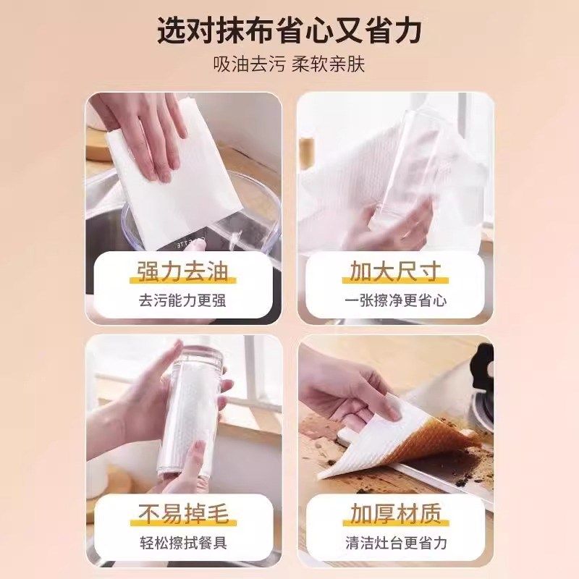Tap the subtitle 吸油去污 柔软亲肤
click(x=289, y=64)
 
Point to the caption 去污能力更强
click(x=182, y=300)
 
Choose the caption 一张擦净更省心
click(x=395, y=300)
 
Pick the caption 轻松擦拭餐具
click(x=182, y=542)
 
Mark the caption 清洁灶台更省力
click(x=395, y=542)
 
